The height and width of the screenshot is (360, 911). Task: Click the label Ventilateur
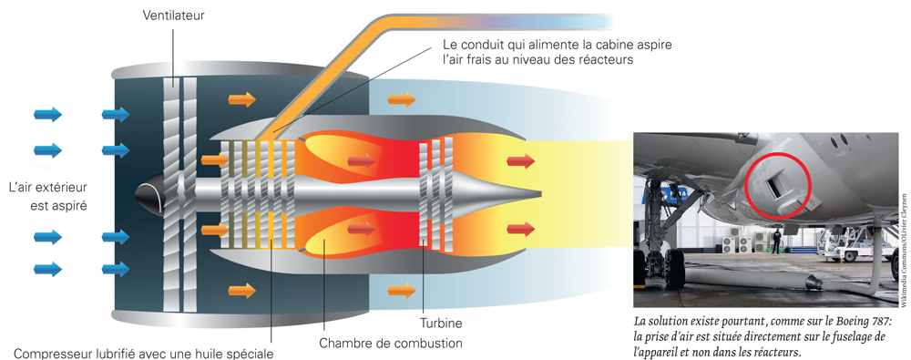point(174,15)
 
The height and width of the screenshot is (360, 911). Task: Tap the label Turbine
point(441,323)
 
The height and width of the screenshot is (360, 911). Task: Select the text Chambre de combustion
point(391,343)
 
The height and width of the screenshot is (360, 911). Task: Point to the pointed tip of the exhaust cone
point(541,193)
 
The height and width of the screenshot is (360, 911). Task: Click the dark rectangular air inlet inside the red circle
point(775,187)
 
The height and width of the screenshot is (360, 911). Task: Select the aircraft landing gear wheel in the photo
point(674,269)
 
